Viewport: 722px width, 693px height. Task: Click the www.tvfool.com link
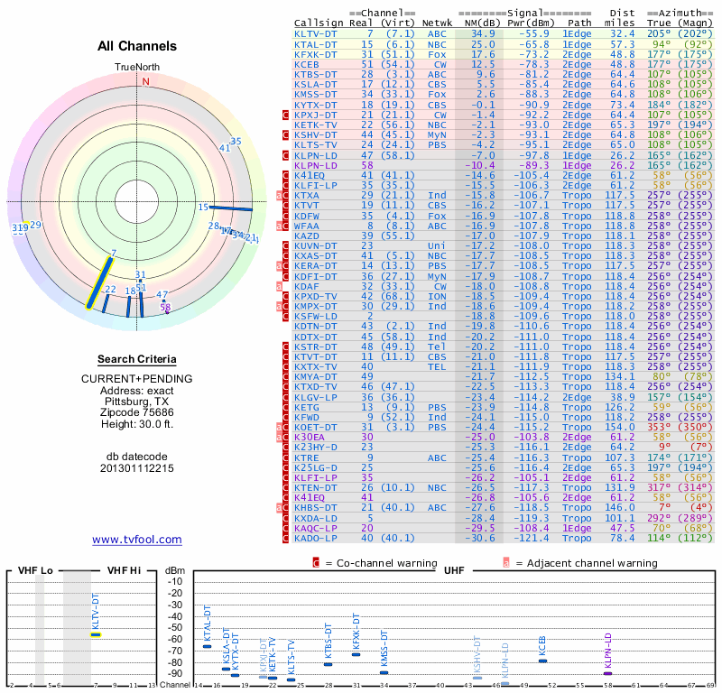tap(136, 540)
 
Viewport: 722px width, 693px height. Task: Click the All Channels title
tap(137, 46)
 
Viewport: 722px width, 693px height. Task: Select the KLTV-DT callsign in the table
tap(316, 33)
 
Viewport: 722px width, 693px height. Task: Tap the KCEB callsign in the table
tap(307, 65)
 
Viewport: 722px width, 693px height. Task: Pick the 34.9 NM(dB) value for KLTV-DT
tap(481, 33)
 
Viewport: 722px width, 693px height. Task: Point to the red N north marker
tap(145, 81)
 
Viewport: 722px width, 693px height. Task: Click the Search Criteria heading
tap(137, 359)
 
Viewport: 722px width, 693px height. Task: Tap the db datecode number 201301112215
tap(137, 468)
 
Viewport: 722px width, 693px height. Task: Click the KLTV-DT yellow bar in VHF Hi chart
tap(97, 634)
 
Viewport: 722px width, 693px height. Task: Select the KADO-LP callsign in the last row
tap(316, 538)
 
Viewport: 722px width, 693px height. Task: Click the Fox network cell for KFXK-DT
tap(438, 54)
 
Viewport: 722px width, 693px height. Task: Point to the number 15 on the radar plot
tap(203, 208)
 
